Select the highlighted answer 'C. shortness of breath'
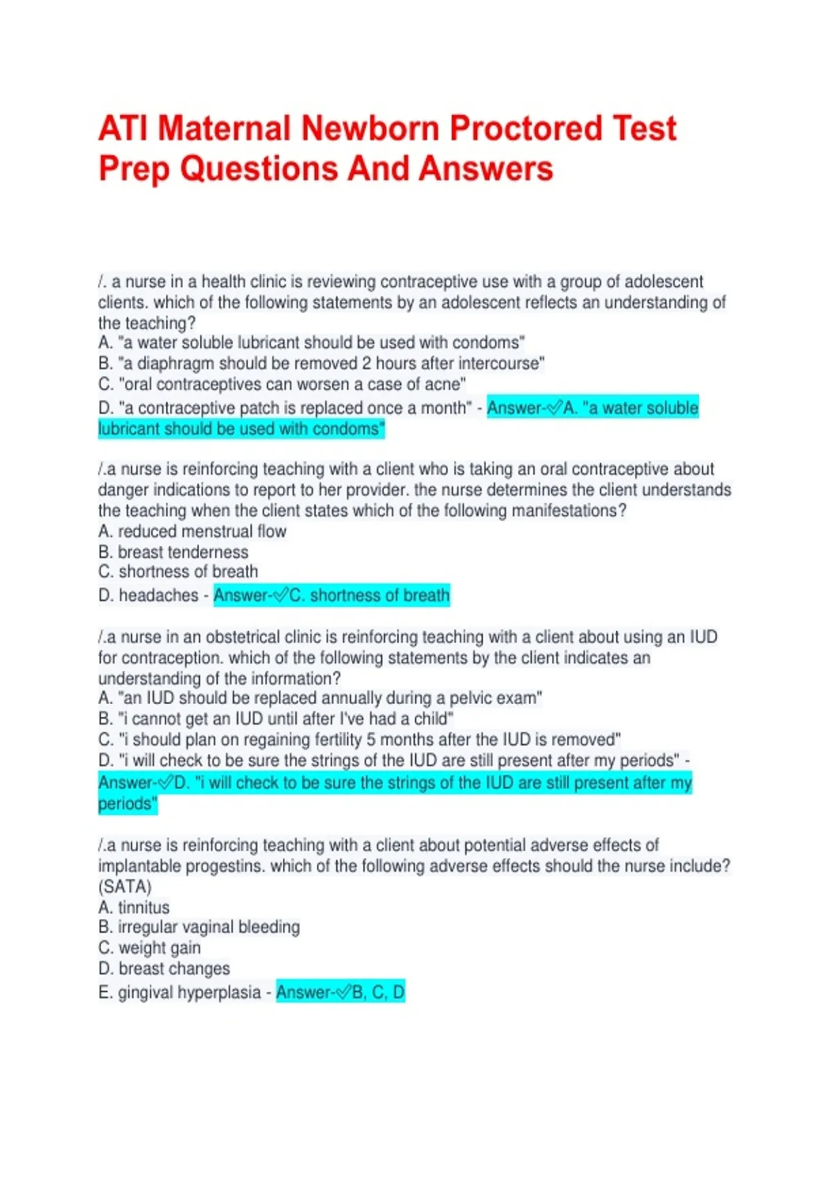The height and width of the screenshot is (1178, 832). [x=369, y=595]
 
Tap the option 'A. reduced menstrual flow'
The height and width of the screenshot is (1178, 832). [x=192, y=531]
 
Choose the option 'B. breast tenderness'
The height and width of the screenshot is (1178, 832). [x=173, y=552]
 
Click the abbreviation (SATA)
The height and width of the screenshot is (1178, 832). [x=125, y=887]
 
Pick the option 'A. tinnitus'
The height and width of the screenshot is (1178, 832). [x=134, y=908]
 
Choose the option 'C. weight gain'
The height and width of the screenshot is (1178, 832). [x=150, y=948]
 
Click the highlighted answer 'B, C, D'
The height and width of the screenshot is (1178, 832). [x=378, y=992]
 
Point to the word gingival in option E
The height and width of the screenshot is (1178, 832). [x=145, y=992]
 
